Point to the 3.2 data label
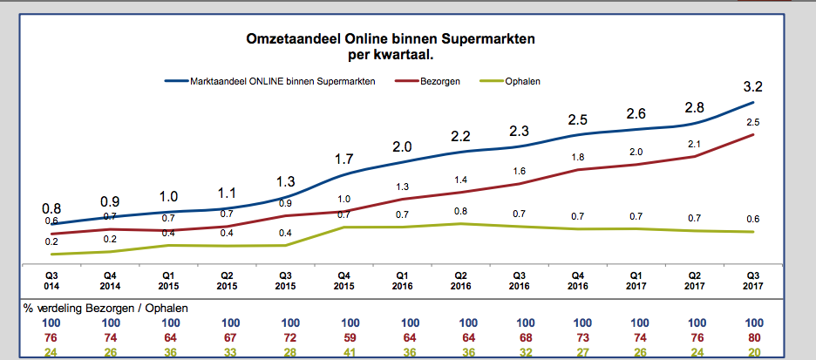pos(752,86)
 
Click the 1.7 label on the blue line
pos(344,160)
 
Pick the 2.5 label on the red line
pos(752,122)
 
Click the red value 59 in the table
pos(344,337)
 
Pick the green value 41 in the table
pos(344,352)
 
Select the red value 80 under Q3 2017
pos(752,337)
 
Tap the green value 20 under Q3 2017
pos(752,352)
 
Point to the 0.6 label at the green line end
pos(752,219)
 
